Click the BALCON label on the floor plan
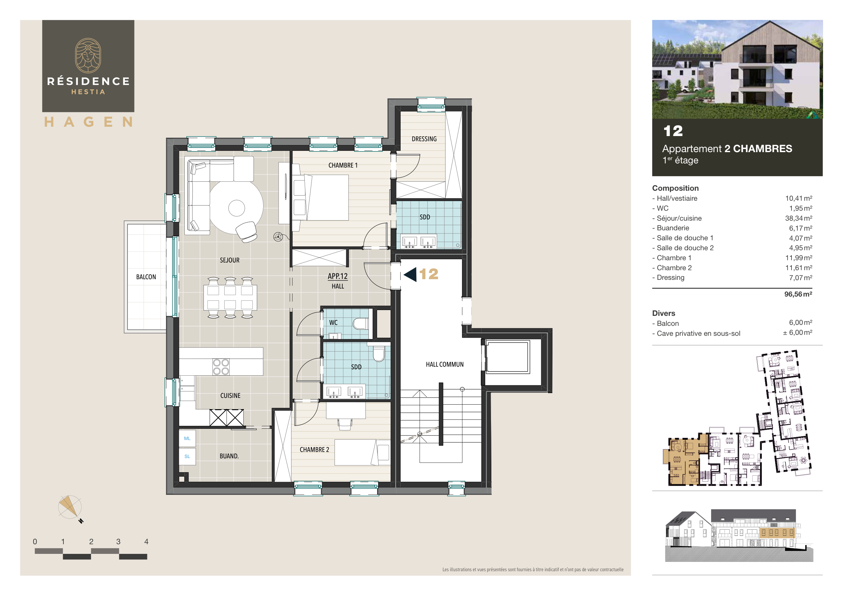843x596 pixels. click(x=146, y=277)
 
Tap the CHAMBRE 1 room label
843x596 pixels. click(x=343, y=166)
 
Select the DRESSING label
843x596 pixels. click(x=424, y=139)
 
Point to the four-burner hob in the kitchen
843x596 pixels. click(x=221, y=367)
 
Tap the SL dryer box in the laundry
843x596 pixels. click(x=187, y=456)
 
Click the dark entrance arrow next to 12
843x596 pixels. click(x=411, y=274)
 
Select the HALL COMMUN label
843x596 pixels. click(x=444, y=364)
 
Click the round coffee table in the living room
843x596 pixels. click(x=236, y=208)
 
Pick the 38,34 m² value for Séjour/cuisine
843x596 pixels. click(x=798, y=218)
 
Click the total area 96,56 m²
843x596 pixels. click(x=798, y=294)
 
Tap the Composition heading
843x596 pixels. click(x=675, y=188)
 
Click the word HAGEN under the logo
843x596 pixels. click(x=88, y=122)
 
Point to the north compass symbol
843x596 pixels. click(x=70, y=508)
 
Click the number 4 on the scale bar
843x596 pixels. click(x=146, y=542)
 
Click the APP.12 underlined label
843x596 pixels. click(x=338, y=276)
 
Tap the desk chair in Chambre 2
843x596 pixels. click(x=345, y=425)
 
